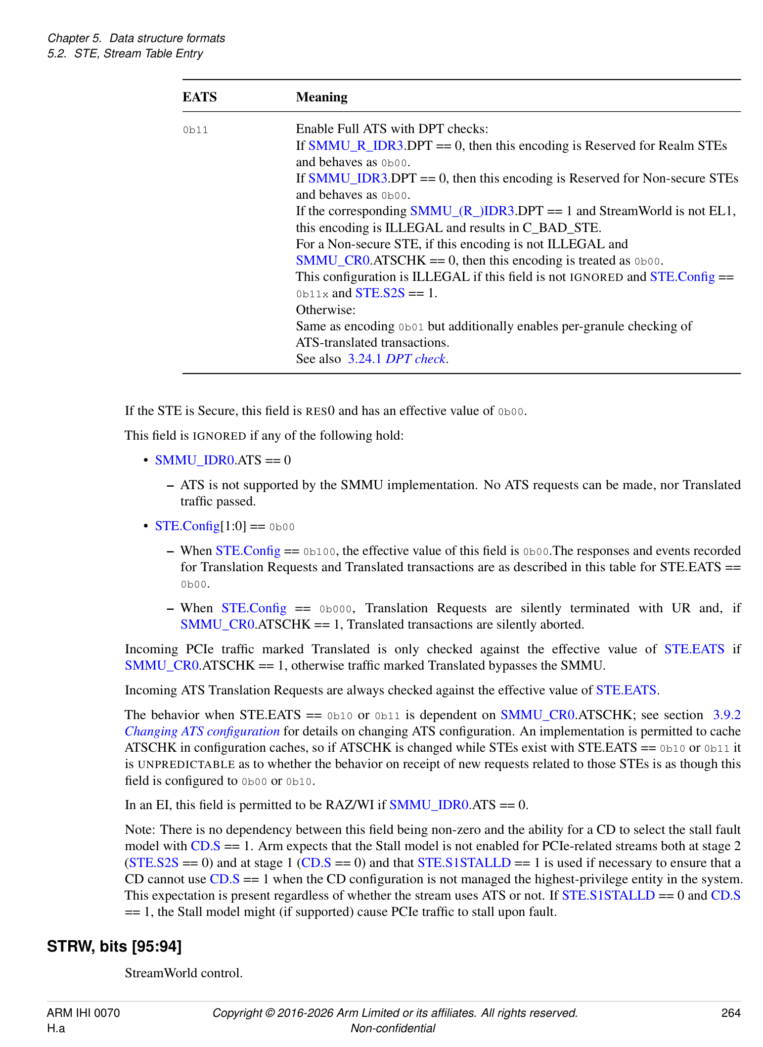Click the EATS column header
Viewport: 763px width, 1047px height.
[x=199, y=97]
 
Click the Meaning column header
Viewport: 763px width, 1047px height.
[x=321, y=97]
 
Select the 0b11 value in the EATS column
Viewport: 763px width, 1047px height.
[x=195, y=130]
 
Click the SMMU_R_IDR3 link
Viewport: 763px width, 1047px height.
[x=356, y=145]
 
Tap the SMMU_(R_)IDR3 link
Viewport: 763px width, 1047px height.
[x=462, y=211]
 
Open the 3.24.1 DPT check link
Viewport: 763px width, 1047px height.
[x=397, y=359]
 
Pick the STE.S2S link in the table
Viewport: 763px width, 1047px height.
[x=380, y=293]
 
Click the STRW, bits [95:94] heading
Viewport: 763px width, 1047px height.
[x=114, y=946]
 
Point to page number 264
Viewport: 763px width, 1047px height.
[x=730, y=1012]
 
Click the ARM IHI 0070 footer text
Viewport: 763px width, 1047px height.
[x=83, y=1012]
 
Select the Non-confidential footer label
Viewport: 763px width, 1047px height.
[x=393, y=1028]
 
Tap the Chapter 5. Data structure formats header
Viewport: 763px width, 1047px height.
[x=136, y=38]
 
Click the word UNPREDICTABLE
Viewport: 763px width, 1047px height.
[x=186, y=764]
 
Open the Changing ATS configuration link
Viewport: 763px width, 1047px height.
[x=202, y=731]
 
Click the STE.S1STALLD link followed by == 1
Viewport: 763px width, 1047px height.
[x=464, y=863]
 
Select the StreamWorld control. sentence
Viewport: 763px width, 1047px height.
[x=183, y=973]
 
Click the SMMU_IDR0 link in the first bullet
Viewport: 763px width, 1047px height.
[x=194, y=460]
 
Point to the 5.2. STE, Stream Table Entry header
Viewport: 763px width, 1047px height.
[x=125, y=53]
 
